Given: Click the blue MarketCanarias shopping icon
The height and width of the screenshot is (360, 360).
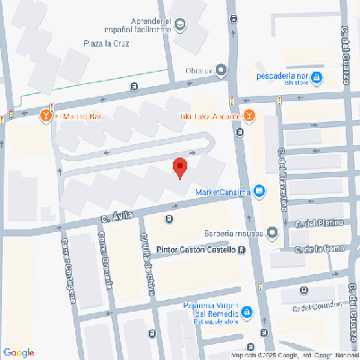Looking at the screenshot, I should [x=259, y=191].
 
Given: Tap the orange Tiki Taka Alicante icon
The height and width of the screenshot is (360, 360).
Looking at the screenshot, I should [x=249, y=116].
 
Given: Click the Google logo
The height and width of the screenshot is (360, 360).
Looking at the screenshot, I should [x=19, y=353].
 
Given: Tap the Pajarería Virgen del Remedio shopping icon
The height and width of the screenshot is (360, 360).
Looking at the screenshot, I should [x=247, y=313].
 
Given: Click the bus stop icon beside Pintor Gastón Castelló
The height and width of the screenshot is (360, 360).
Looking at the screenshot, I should [x=243, y=250].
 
